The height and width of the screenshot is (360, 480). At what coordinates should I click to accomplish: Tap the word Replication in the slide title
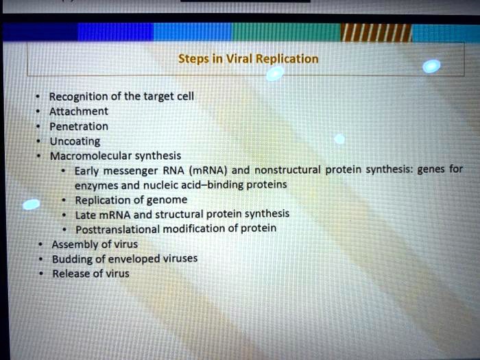coord(287,59)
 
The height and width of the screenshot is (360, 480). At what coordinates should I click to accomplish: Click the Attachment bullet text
coord(78,111)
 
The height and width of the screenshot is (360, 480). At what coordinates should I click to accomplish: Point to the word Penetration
coord(79,126)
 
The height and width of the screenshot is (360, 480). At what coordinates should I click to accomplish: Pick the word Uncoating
coord(75,141)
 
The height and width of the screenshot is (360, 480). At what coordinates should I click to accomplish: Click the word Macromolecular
coord(91,156)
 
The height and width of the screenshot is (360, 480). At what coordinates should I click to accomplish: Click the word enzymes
coord(95,185)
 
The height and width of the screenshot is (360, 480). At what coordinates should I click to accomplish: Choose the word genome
coord(166,200)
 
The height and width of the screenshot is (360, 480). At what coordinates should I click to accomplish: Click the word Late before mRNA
coord(86,215)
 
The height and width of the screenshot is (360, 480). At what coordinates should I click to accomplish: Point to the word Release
coord(71,274)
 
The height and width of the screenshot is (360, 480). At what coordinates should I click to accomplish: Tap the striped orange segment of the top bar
coord(376,32)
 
